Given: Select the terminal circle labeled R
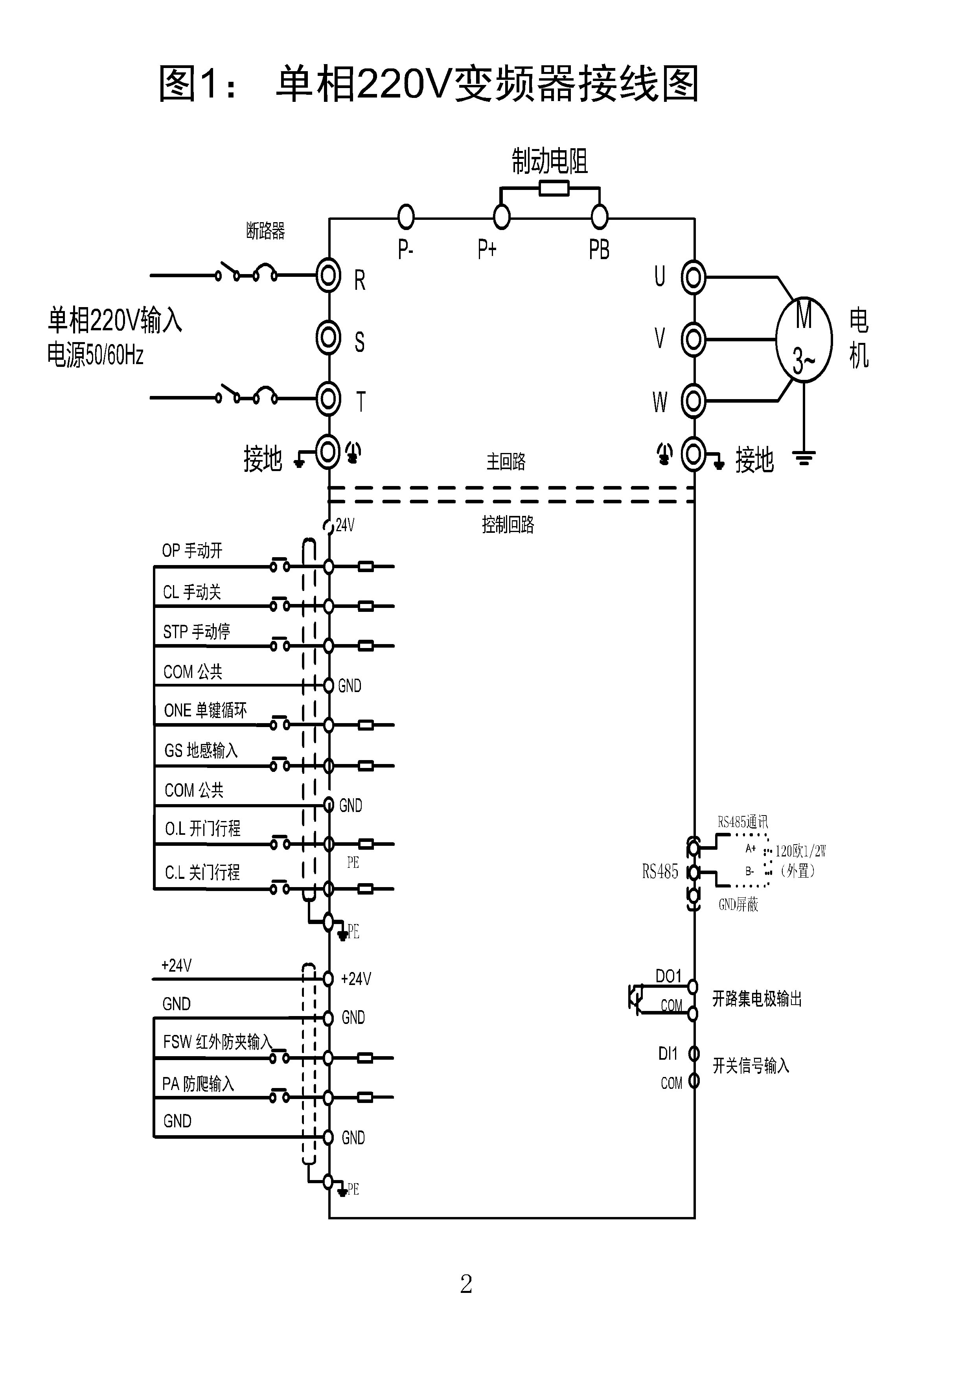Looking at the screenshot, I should tap(328, 276).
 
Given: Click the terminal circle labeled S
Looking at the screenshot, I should tap(328, 337).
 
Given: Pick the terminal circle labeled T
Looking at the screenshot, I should tap(328, 398).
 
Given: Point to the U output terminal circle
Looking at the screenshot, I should tap(694, 278).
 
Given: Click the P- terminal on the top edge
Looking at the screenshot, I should tap(407, 217).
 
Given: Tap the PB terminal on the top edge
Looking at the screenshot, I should tap(599, 217).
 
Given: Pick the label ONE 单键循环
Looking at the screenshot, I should tap(205, 711).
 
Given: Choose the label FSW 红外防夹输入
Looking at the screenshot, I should tap(217, 1042).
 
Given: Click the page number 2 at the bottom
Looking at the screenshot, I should tap(466, 1284).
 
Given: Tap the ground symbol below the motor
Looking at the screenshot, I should tap(804, 458).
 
